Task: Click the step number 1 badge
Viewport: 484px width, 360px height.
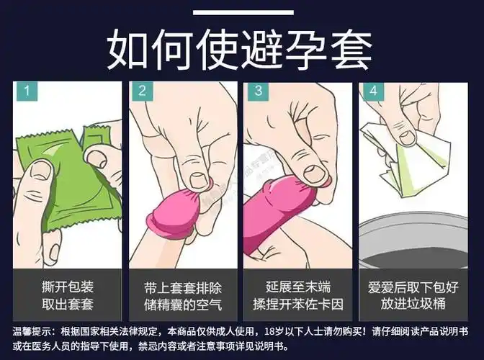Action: point(27,92)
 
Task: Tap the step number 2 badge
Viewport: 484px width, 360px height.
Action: point(142,92)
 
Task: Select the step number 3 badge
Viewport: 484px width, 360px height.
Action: point(257,92)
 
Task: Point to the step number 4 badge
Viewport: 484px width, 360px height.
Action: point(372,92)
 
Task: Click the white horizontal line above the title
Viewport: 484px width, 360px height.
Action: point(241,12)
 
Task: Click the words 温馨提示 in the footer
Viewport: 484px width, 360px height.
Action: point(33,333)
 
